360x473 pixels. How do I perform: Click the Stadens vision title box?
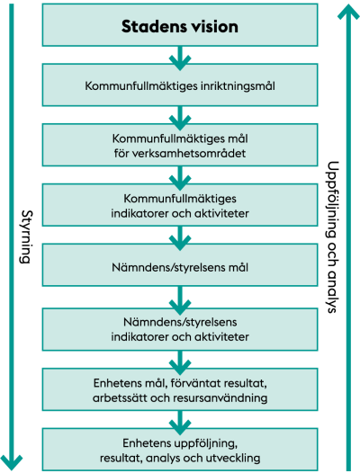tap(180, 25)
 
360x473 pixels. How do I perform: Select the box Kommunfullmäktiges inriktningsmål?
tap(180, 85)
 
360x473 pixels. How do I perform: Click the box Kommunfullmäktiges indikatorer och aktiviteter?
tap(180, 205)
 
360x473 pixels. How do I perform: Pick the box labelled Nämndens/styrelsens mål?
tap(180, 265)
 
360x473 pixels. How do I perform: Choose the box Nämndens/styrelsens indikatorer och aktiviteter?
tap(180, 329)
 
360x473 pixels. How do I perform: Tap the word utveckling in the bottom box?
tap(233, 458)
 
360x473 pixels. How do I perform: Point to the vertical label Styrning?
tap(27, 236)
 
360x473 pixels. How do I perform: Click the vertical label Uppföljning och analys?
tap(333, 237)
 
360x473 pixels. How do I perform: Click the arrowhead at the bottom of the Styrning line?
tap(12, 463)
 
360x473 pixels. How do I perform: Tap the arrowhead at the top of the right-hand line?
tap(348, 12)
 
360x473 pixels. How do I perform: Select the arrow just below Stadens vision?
tap(180, 58)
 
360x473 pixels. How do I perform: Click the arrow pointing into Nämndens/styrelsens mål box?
tap(180, 238)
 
